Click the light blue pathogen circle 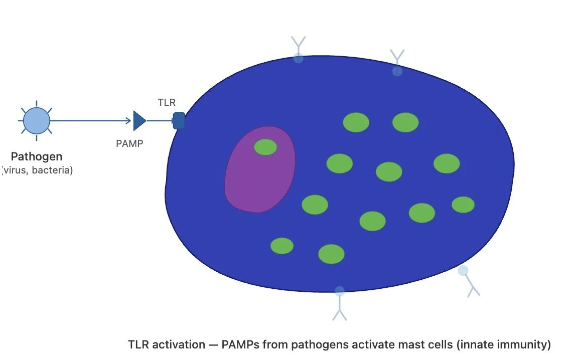tap(37, 121)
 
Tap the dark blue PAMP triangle tap(139, 121)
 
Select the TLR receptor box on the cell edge tap(179, 121)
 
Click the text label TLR tap(167, 102)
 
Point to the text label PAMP tap(129, 143)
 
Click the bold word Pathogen tap(37, 156)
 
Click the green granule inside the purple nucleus tap(265, 147)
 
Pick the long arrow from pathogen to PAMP tap(90, 121)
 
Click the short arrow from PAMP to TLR tap(160, 121)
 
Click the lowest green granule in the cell tap(331, 254)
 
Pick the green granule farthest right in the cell tap(463, 205)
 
